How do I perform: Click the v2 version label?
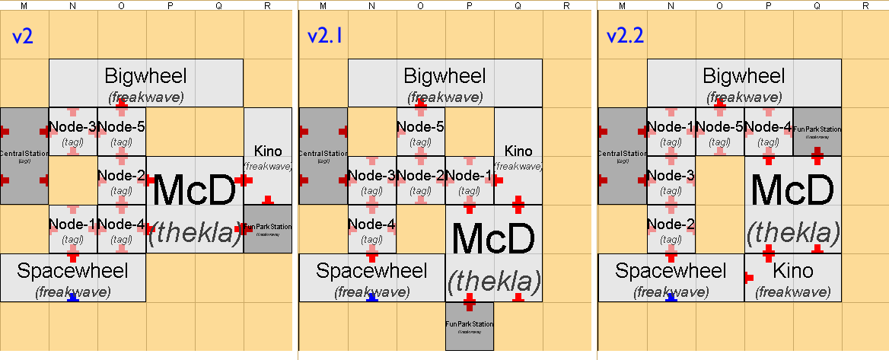pyautogui.click(x=23, y=37)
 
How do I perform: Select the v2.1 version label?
pyautogui.click(x=323, y=37)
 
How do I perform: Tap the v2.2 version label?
pyautogui.click(x=622, y=37)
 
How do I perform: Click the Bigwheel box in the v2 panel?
pyautogui.click(x=145, y=83)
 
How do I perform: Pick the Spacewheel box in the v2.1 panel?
pyautogui.click(x=371, y=278)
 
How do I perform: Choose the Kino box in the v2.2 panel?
pyautogui.click(x=792, y=278)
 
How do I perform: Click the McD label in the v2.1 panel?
pyautogui.click(x=493, y=241)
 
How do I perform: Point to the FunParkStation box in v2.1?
pyautogui.click(x=469, y=327)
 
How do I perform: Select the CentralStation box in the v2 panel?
pyautogui.click(x=24, y=155)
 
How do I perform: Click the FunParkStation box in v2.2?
pyautogui.click(x=817, y=132)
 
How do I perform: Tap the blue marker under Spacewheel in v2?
pyautogui.click(x=73, y=298)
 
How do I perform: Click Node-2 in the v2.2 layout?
pyautogui.click(x=671, y=229)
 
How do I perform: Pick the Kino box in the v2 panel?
pyautogui.click(x=268, y=156)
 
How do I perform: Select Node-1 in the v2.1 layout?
pyautogui.click(x=469, y=180)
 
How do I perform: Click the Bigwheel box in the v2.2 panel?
pyautogui.click(x=744, y=83)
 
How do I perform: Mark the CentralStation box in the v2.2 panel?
pyautogui.click(x=623, y=155)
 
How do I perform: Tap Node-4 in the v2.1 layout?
pyautogui.click(x=371, y=229)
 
